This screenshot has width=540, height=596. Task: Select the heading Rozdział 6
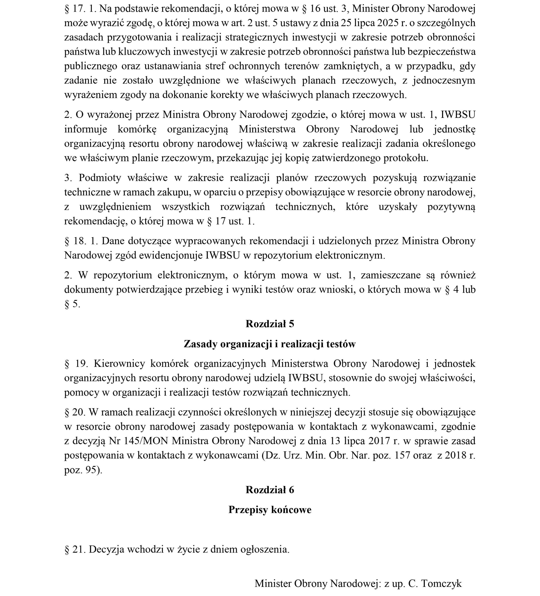pos(270,490)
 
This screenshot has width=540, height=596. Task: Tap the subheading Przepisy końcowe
pos(270,510)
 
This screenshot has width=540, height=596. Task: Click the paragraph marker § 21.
pos(75,549)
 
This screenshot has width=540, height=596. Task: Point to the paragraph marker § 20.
pos(75,412)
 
